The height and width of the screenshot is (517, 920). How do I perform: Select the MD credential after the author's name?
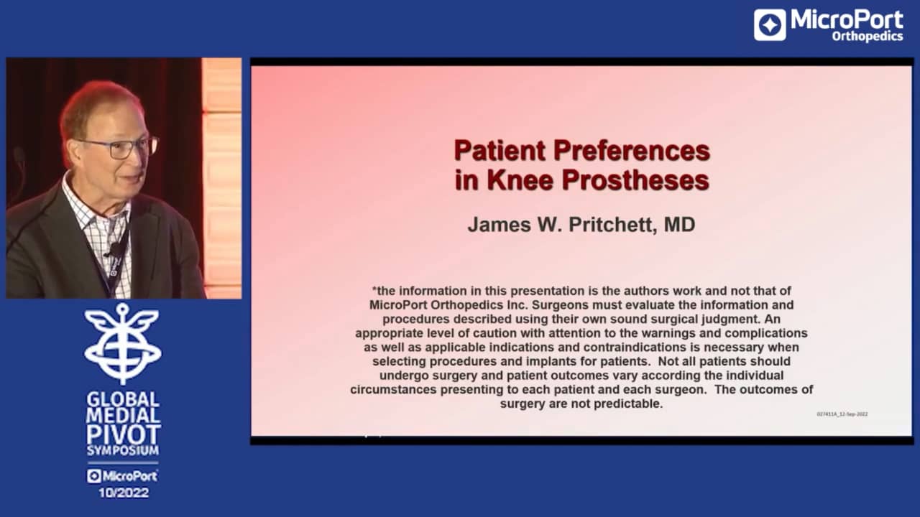(x=679, y=225)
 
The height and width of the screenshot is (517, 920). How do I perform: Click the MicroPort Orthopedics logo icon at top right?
(x=770, y=24)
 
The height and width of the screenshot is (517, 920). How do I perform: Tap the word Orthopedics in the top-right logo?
(x=867, y=36)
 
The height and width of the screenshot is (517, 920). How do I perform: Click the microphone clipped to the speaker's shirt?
(x=114, y=249)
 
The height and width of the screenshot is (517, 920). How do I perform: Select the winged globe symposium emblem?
(x=123, y=343)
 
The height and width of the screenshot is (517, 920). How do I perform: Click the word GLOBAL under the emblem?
(x=123, y=399)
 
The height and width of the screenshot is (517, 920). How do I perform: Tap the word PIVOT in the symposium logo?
(x=123, y=434)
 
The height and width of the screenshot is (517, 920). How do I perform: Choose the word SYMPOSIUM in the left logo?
(x=123, y=451)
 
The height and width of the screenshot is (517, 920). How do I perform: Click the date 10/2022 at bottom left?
(x=123, y=493)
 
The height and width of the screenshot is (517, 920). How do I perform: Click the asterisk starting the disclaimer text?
(x=374, y=291)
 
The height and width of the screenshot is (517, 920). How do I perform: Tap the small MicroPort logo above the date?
(x=123, y=475)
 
